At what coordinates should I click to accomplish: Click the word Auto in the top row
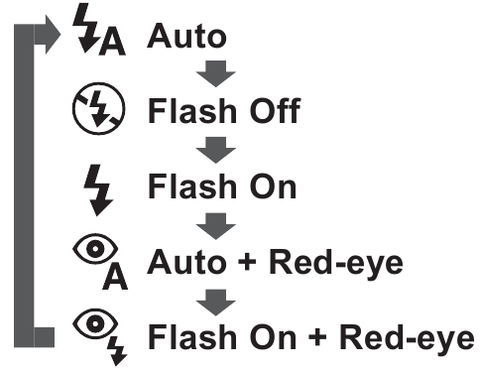tap(186, 35)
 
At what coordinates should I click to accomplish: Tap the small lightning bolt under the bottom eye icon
tap(120, 349)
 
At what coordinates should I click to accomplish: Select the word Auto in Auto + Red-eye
tap(186, 263)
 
